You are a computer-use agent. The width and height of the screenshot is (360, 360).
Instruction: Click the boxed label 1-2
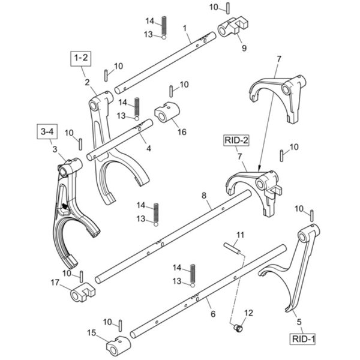pyautogui.click(x=80, y=59)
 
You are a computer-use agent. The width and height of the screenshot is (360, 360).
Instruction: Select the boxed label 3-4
pyautogui.click(x=47, y=131)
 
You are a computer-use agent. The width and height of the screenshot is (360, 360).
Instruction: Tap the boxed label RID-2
pyautogui.click(x=236, y=140)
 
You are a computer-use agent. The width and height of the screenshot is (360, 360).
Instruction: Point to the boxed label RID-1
pyautogui.click(x=302, y=339)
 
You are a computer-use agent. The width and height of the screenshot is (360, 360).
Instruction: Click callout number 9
pyautogui.click(x=244, y=48)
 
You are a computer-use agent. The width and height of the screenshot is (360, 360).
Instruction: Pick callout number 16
pyautogui.click(x=182, y=132)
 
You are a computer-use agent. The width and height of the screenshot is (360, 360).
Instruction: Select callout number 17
pyautogui.click(x=55, y=283)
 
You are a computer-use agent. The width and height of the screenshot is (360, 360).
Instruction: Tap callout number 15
pyautogui.click(x=92, y=332)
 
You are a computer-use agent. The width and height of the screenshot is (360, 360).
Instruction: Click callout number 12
pyautogui.click(x=248, y=313)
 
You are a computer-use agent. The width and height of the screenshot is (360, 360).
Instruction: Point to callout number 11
pyautogui.click(x=240, y=235)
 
